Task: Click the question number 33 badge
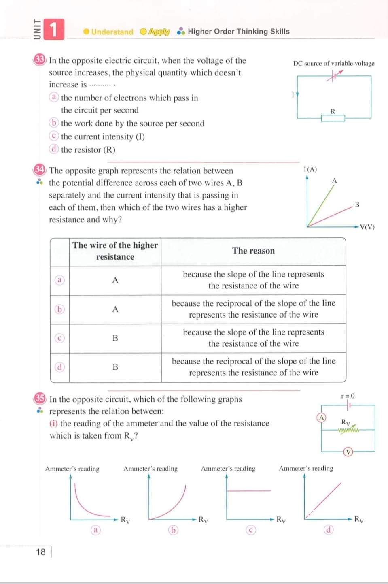(x=39, y=60)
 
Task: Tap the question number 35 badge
(x=39, y=399)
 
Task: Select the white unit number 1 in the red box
(x=54, y=30)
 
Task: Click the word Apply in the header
(x=159, y=32)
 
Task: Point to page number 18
(x=41, y=552)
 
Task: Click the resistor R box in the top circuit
(x=333, y=118)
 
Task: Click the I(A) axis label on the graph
(x=310, y=169)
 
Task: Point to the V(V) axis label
(x=367, y=227)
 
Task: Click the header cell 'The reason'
(x=253, y=251)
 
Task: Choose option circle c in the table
(x=59, y=338)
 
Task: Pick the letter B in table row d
(x=115, y=367)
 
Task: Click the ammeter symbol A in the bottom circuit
(x=321, y=418)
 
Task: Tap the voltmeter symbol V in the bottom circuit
(x=348, y=452)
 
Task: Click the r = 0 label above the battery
(x=348, y=396)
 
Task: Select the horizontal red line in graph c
(x=248, y=491)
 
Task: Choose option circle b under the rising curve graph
(x=173, y=530)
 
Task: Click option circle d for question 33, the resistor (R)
(x=54, y=149)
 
